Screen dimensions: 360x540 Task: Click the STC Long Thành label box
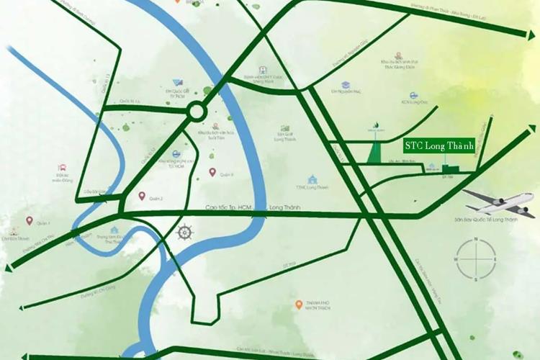tap(438, 146)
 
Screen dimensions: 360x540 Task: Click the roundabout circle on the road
tap(196, 112)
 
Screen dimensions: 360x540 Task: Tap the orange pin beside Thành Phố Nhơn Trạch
tap(299, 305)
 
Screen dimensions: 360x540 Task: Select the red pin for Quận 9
tap(212, 171)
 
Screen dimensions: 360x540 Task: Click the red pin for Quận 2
tap(142, 196)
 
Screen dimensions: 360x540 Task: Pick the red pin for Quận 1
tap(30, 220)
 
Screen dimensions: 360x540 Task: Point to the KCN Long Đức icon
tap(414, 95)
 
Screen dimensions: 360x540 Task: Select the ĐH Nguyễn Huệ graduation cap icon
tap(346, 84)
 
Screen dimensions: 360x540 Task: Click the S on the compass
tap(476, 278)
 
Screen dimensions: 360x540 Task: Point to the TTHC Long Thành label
tap(312, 187)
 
